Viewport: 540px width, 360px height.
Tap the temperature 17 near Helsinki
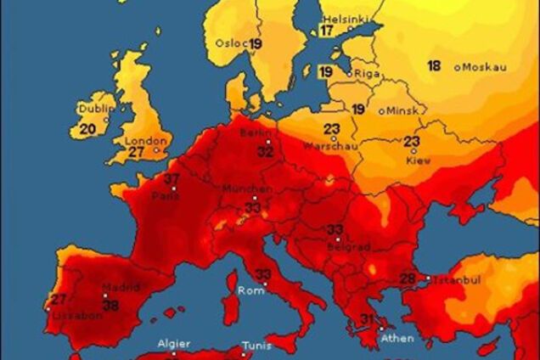click(327, 31)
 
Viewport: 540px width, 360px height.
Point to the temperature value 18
click(434, 66)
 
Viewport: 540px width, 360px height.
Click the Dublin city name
click(94, 109)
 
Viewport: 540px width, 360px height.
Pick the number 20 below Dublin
click(87, 130)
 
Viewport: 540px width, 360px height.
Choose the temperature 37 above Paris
click(172, 179)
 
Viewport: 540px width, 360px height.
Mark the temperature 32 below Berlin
click(266, 153)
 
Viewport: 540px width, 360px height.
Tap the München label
click(248, 189)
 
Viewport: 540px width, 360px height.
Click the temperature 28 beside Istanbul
click(408, 278)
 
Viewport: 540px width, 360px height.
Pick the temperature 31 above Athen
click(368, 319)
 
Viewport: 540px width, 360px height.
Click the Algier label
click(174, 345)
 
